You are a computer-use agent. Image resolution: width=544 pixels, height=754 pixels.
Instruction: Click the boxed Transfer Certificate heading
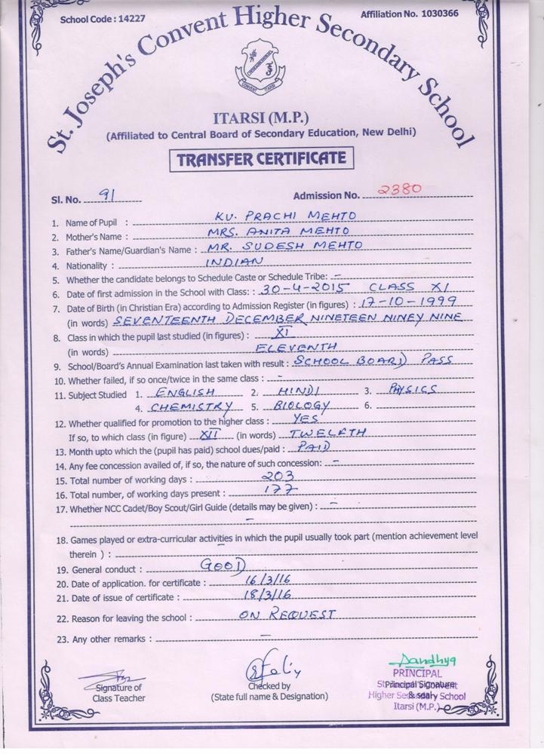pos(261,160)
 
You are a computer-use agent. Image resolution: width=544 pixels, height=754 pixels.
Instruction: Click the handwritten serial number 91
pos(107,195)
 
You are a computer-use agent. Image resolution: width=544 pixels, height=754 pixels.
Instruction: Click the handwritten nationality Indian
pos(235,261)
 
